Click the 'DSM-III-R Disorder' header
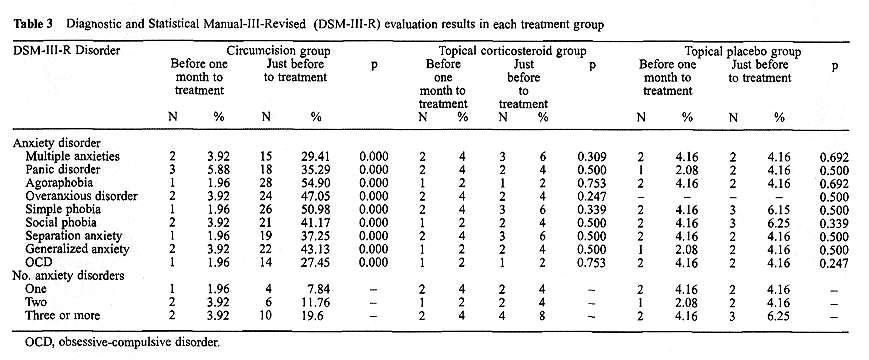point(59,49)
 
